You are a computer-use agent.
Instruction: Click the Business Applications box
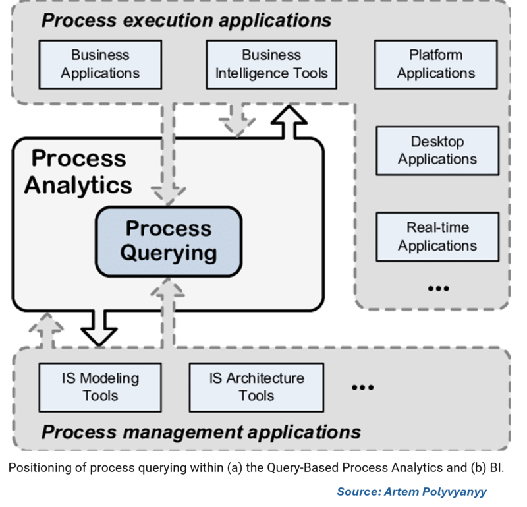click(100, 64)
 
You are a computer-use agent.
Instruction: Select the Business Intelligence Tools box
click(271, 64)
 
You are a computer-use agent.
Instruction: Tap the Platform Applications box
click(436, 64)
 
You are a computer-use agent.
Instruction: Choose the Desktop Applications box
click(437, 150)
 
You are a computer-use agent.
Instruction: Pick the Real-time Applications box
click(437, 237)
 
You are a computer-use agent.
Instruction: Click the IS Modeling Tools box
click(100, 387)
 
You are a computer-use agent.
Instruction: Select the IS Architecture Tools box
click(256, 387)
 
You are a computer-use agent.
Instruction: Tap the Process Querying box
click(169, 241)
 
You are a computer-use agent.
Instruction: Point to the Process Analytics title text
click(78, 171)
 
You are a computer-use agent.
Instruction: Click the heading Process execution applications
click(186, 20)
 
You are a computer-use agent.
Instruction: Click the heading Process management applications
click(201, 432)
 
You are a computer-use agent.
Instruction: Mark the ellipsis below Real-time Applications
click(438, 288)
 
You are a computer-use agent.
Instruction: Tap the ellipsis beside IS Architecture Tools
click(362, 388)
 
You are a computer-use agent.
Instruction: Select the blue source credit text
click(412, 492)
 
